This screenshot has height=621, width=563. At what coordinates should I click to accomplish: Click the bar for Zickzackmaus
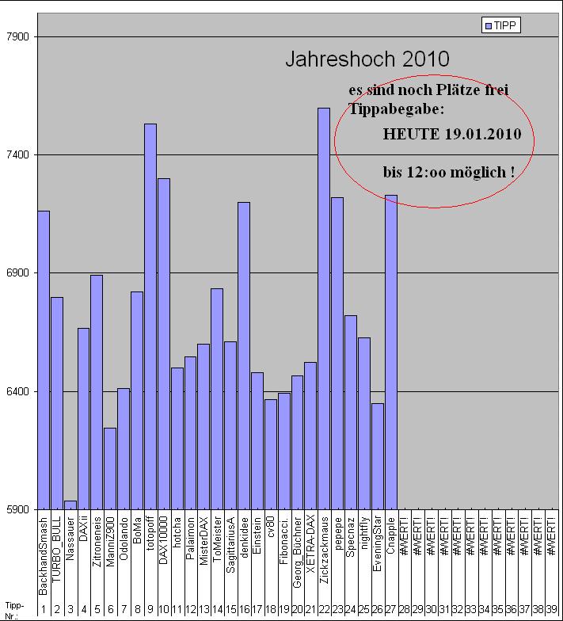(324, 309)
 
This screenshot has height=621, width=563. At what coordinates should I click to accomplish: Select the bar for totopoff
(150, 317)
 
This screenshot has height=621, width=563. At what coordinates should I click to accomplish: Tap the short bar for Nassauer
(70, 505)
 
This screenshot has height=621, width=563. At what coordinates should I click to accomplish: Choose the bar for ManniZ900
(110, 468)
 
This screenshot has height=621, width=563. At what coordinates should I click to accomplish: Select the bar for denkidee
(243, 356)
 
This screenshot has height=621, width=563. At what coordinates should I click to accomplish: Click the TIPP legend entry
(501, 26)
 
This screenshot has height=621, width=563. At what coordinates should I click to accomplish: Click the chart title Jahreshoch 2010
(367, 59)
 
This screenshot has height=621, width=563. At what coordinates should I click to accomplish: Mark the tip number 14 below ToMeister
(217, 608)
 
